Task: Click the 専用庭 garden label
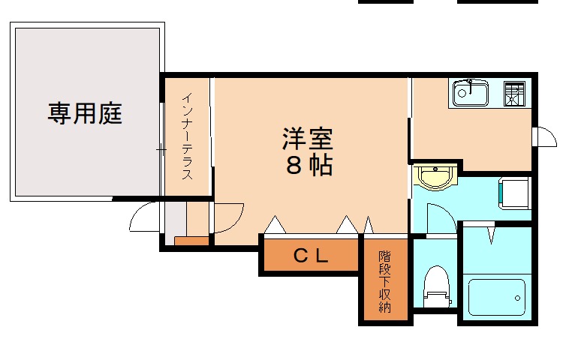click(85, 114)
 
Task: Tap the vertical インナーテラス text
click(188, 135)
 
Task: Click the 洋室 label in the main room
click(308, 139)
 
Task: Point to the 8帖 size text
click(309, 166)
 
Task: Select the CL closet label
click(310, 256)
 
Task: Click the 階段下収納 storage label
click(385, 281)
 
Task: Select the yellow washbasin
click(435, 178)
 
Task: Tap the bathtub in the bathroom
click(495, 297)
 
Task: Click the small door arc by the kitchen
click(543, 138)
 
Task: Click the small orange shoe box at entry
click(192, 241)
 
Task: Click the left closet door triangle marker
click(274, 224)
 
